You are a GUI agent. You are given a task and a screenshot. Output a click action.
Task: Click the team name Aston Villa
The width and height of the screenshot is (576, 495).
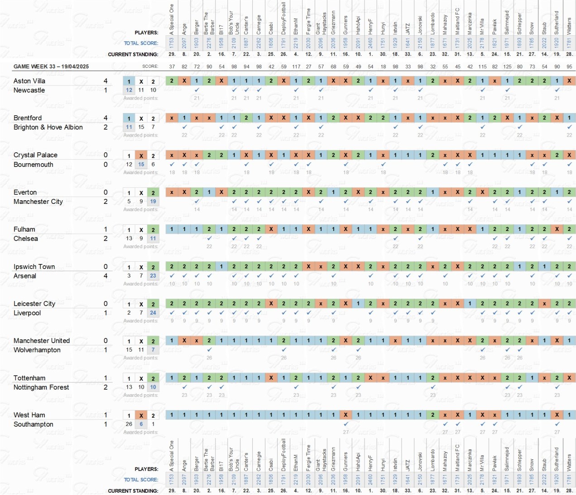coord(29,81)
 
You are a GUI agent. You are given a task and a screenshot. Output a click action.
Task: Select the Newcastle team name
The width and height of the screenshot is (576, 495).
coord(29,90)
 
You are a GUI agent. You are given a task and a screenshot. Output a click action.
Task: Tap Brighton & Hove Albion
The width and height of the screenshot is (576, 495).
coord(48,127)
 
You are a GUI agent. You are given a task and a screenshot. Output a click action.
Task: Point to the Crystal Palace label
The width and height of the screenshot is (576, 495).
coord(35,155)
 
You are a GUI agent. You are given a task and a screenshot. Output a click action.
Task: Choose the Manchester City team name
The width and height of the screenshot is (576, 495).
coord(38,202)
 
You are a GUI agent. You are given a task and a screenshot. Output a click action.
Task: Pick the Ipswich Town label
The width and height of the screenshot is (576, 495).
coord(34,267)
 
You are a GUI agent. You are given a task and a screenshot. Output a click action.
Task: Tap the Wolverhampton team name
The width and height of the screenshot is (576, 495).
coord(37,350)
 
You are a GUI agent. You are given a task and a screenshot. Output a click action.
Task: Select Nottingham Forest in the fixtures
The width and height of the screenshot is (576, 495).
coord(41,387)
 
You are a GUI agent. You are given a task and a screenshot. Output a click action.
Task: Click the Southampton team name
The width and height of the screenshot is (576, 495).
coord(34,424)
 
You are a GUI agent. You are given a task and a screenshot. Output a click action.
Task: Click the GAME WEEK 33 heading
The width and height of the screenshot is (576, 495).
coord(51,66)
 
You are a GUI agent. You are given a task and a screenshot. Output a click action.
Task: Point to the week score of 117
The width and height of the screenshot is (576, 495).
coord(296,66)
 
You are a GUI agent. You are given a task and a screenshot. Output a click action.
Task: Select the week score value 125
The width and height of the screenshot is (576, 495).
coord(507,66)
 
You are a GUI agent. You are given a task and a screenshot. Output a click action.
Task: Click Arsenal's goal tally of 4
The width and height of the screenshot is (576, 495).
coord(106,276)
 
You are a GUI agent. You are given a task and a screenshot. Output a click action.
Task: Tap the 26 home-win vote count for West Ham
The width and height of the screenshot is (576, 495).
coord(129,424)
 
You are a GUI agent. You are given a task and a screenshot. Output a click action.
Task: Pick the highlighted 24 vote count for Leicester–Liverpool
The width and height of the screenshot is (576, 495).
coord(153,312)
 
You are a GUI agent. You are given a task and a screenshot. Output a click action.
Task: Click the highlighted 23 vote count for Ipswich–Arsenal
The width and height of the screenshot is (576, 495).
coord(153,275)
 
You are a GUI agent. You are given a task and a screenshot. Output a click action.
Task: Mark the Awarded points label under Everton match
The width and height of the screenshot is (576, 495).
coord(140,209)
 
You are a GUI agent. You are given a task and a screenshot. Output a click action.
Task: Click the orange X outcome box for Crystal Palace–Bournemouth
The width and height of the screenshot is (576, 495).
coord(141,156)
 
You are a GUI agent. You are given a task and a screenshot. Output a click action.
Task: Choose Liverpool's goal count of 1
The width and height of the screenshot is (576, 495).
coord(106,313)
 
